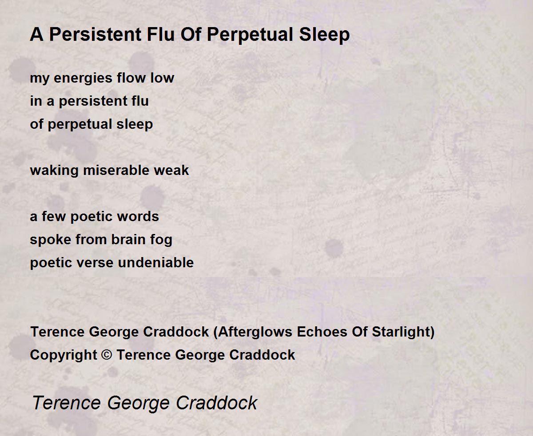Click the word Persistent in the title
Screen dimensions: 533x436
click(x=95, y=34)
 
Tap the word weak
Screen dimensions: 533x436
click(x=171, y=170)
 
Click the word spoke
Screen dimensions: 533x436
click(x=51, y=240)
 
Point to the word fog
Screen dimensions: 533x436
click(x=161, y=240)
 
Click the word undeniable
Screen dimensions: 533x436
click(x=155, y=262)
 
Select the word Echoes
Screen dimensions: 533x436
click(x=322, y=332)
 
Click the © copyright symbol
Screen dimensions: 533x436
click(x=107, y=355)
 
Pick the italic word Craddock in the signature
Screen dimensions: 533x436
click(x=216, y=403)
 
